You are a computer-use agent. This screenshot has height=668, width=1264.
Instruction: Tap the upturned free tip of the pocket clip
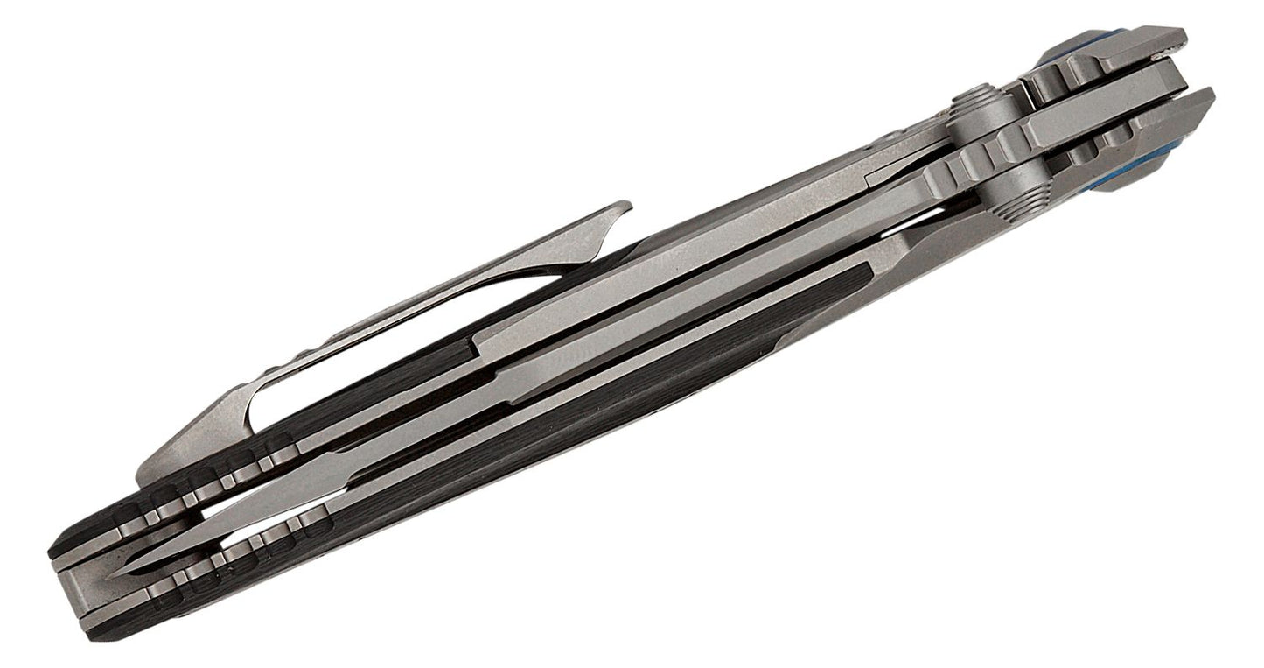(x=623, y=207)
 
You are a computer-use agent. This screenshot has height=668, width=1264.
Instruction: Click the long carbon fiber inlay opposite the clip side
(x=612, y=411)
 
